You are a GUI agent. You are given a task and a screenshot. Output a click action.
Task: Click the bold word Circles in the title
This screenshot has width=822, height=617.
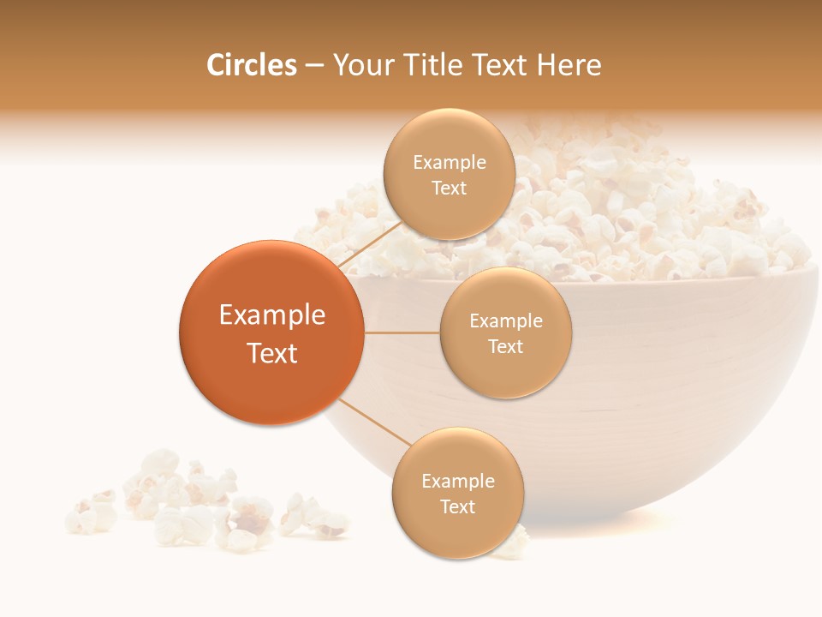point(251,65)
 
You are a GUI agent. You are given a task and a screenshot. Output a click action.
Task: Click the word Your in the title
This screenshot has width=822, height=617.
point(360,65)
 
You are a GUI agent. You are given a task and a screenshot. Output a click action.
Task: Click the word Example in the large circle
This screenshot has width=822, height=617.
point(272,315)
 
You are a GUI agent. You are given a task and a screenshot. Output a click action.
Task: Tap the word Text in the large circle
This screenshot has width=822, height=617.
point(272,353)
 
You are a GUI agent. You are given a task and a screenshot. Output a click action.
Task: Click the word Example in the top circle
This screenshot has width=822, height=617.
point(450,163)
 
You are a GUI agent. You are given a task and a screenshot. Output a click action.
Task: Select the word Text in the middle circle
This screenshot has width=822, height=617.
point(505,346)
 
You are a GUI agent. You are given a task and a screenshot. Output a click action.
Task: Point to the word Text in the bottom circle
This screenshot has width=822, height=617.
point(457,506)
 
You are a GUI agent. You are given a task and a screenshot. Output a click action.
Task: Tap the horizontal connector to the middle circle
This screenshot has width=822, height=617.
point(402,332)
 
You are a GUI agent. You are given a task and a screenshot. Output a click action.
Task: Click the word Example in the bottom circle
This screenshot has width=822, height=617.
point(458,482)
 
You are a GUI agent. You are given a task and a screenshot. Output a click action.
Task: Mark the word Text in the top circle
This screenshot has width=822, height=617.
point(449,188)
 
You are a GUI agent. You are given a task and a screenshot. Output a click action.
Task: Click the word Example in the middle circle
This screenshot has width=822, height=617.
point(506,321)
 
